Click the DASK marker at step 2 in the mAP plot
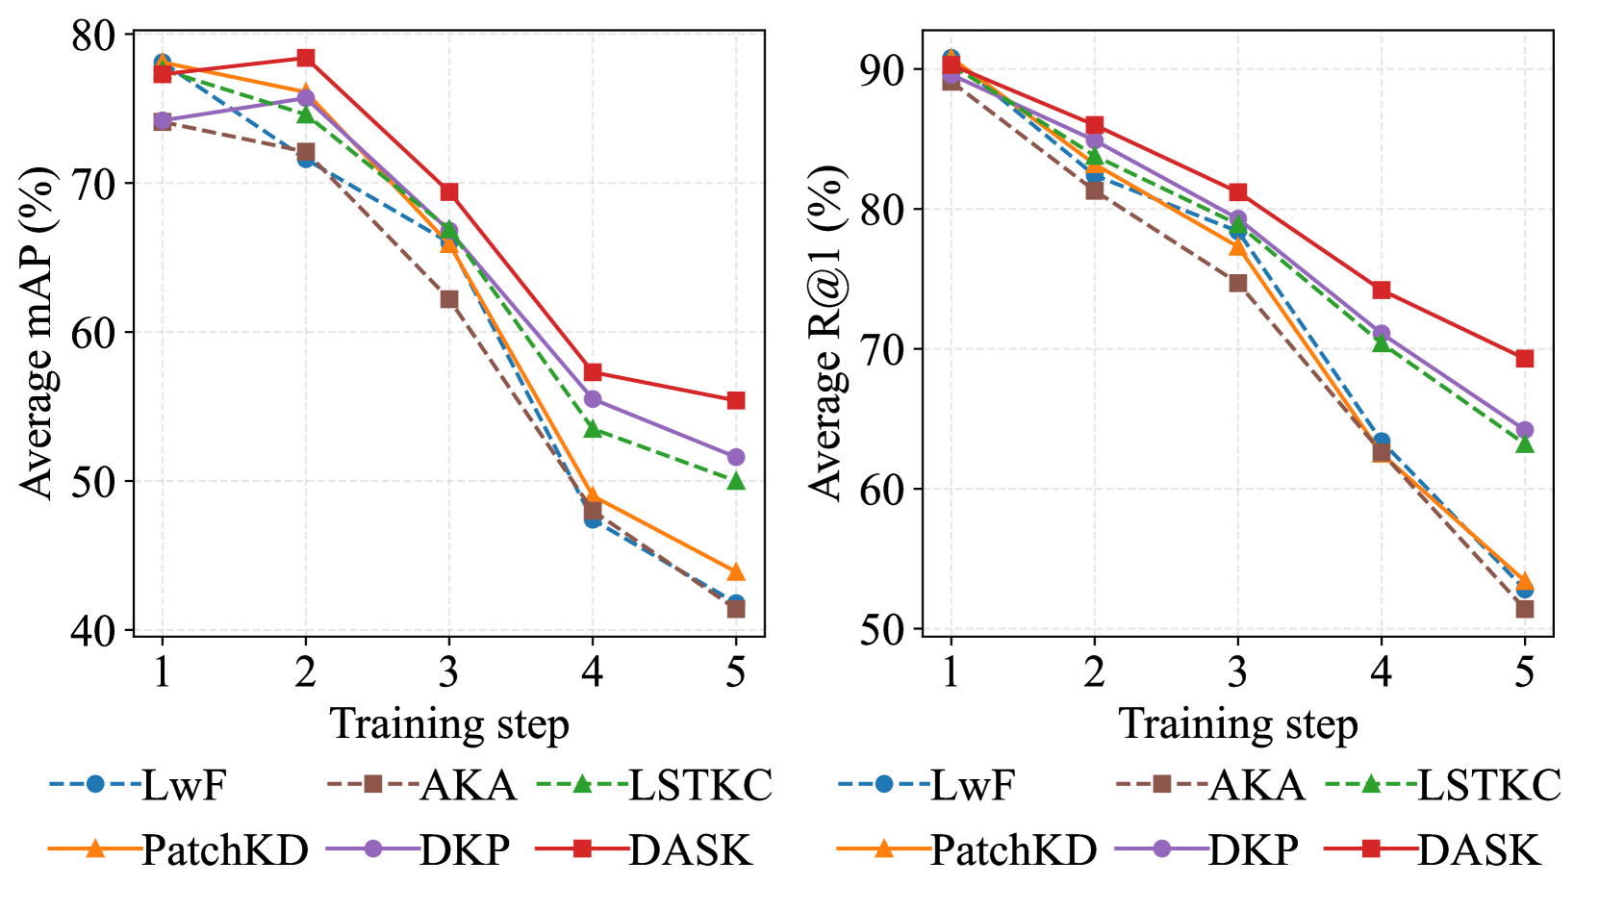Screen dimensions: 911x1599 pos(305,58)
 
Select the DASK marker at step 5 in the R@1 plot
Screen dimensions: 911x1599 pos(1524,359)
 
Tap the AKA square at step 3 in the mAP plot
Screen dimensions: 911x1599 pos(448,299)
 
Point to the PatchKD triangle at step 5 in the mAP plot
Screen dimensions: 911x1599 pos(736,572)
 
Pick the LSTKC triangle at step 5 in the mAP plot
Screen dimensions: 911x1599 pos(736,480)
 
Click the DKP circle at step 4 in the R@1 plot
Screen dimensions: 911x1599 pos(1381,334)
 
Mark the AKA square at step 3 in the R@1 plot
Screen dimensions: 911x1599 pos(1237,283)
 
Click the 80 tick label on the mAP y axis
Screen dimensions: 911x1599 pos(92,36)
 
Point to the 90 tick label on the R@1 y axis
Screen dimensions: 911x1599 pos(882,70)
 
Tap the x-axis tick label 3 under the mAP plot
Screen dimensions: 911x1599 pos(448,671)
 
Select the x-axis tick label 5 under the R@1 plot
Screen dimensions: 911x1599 pos(1524,671)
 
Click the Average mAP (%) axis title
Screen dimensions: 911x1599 pos(38,332)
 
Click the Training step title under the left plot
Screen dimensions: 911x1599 pos(449,723)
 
